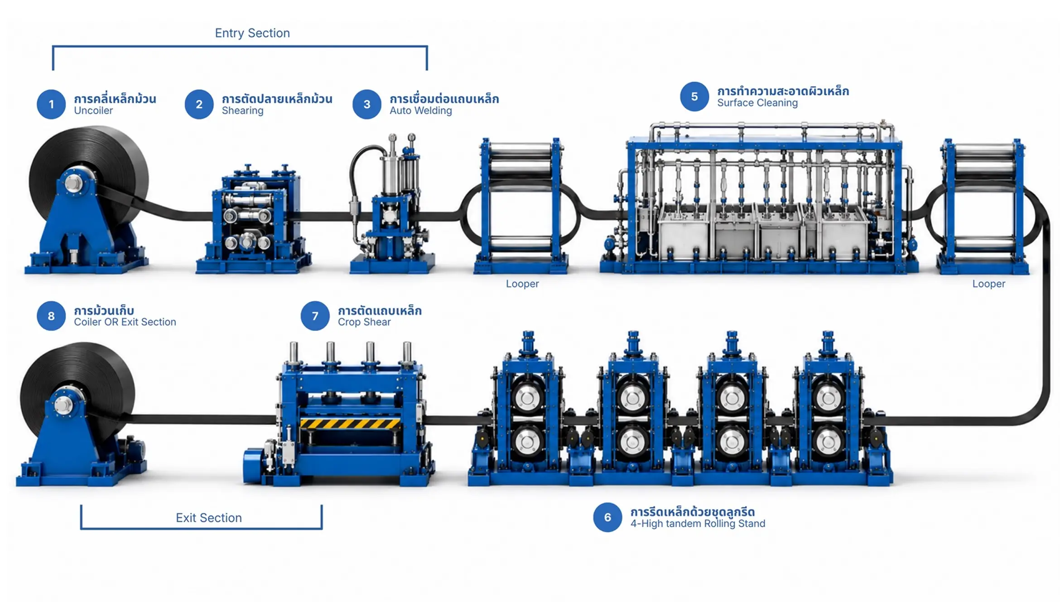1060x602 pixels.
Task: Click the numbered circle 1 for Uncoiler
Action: [51, 104]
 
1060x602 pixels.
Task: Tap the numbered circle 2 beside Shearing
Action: [199, 104]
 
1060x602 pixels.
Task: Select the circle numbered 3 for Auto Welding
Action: [367, 104]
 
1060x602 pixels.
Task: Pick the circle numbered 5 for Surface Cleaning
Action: [694, 97]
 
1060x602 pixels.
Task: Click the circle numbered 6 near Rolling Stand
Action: [607, 517]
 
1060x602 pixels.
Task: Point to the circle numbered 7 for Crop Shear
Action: [315, 316]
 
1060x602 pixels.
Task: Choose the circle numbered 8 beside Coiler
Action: [51, 316]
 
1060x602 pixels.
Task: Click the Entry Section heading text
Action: [252, 33]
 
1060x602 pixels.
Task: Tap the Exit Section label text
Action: [209, 518]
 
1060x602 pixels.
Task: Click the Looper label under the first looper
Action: [522, 284]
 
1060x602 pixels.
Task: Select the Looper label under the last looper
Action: [989, 284]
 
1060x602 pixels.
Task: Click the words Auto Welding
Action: [421, 111]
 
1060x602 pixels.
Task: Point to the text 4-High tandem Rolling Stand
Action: [698, 524]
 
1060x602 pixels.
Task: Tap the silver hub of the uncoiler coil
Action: [73, 183]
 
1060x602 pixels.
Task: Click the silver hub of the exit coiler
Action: [63, 404]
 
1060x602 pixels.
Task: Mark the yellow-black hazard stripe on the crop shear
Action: [350, 423]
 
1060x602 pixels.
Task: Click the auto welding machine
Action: [392, 204]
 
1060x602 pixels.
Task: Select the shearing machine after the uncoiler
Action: [254, 219]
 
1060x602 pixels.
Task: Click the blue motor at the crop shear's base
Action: [255, 465]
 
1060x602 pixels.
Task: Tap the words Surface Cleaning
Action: [757, 103]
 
